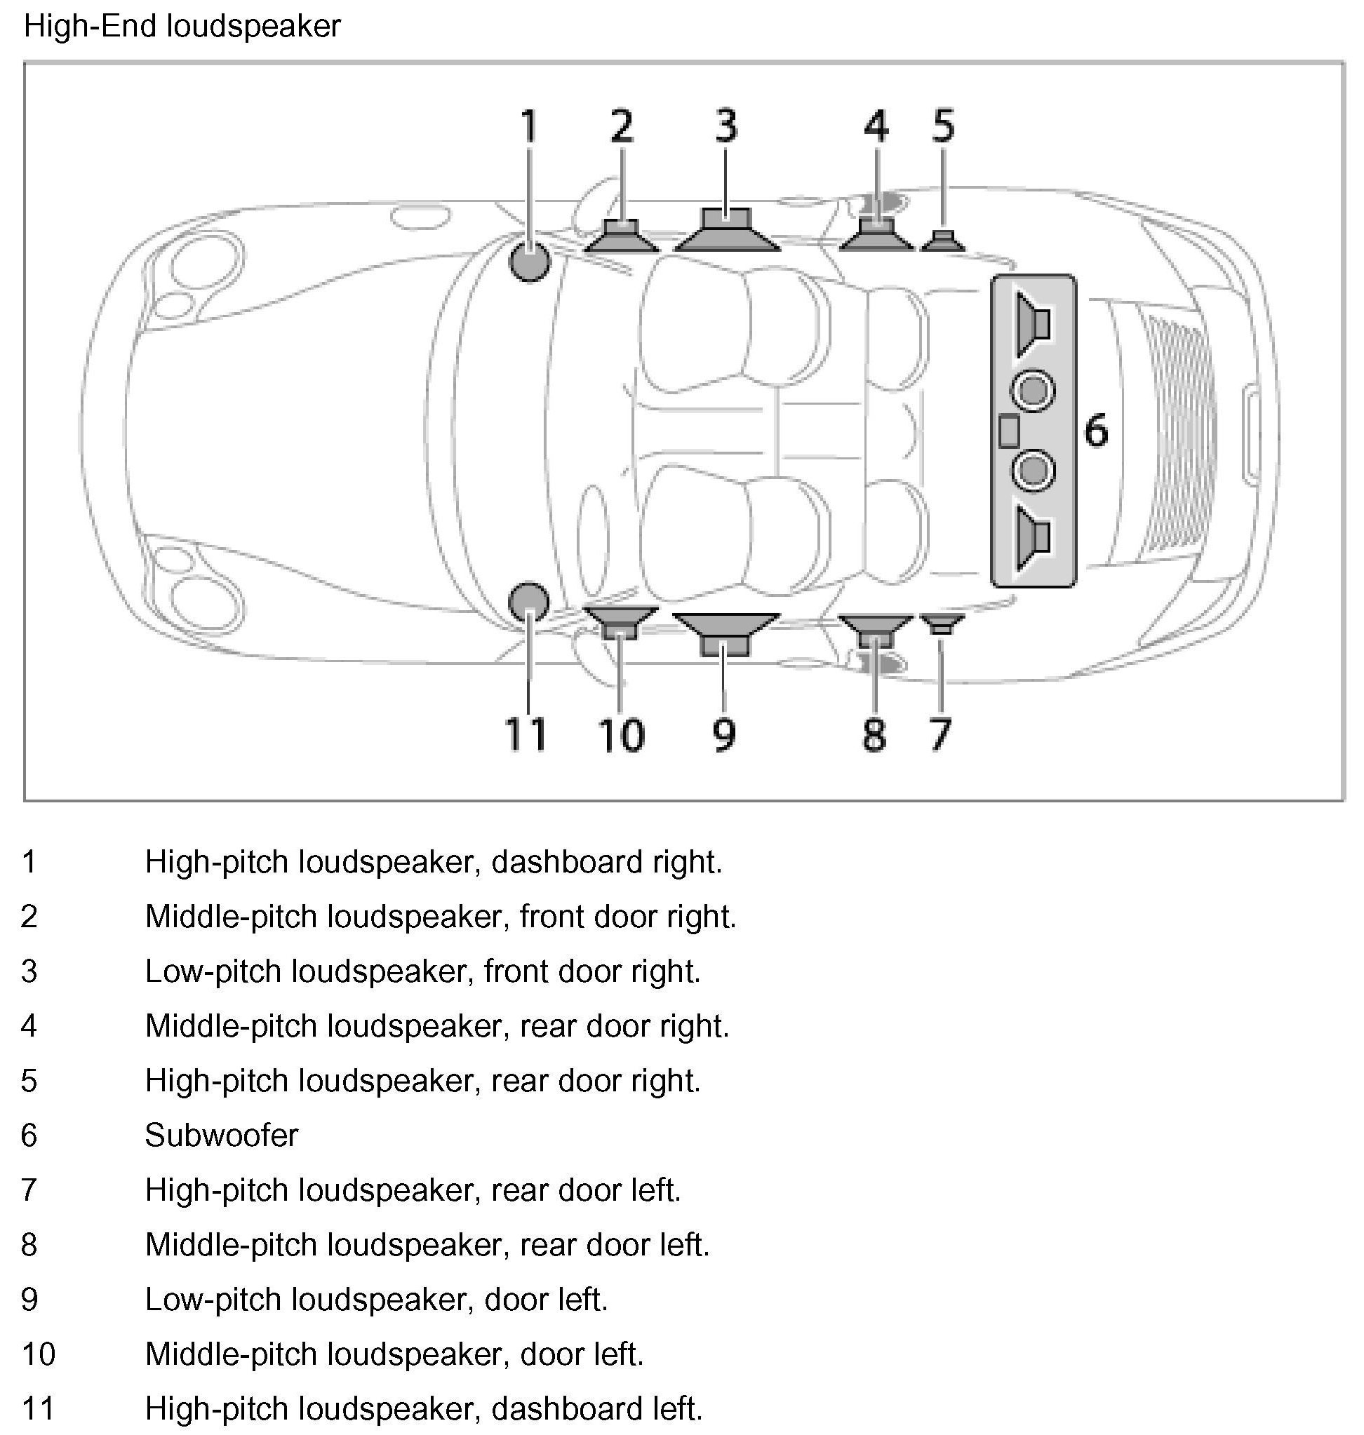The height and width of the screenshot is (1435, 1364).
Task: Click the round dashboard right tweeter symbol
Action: pyautogui.click(x=529, y=262)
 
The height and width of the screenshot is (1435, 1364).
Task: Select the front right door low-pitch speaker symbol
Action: pyautogui.click(x=727, y=232)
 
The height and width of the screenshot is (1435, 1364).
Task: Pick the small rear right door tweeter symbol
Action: pyautogui.click(x=943, y=241)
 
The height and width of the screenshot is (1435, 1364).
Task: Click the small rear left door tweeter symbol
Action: pyautogui.click(x=942, y=623)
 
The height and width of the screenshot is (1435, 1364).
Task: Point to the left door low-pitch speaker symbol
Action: pyautogui.click(x=726, y=633)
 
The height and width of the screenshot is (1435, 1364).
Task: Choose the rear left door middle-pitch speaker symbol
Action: pyautogui.click(x=876, y=630)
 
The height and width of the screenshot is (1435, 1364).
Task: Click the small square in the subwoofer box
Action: pyautogui.click(x=1008, y=431)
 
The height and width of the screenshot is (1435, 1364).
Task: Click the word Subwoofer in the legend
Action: pyautogui.click(x=221, y=1135)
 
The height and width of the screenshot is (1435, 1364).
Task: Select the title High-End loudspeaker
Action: pyautogui.click(x=182, y=27)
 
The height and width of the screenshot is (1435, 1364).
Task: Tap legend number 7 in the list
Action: pyautogui.click(x=29, y=1190)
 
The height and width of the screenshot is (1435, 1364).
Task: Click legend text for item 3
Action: pyautogui.click(x=422, y=971)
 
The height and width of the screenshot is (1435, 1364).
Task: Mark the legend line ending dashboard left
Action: pyautogui.click(x=424, y=1408)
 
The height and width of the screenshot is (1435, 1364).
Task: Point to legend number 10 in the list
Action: pyautogui.click(x=38, y=1354)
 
